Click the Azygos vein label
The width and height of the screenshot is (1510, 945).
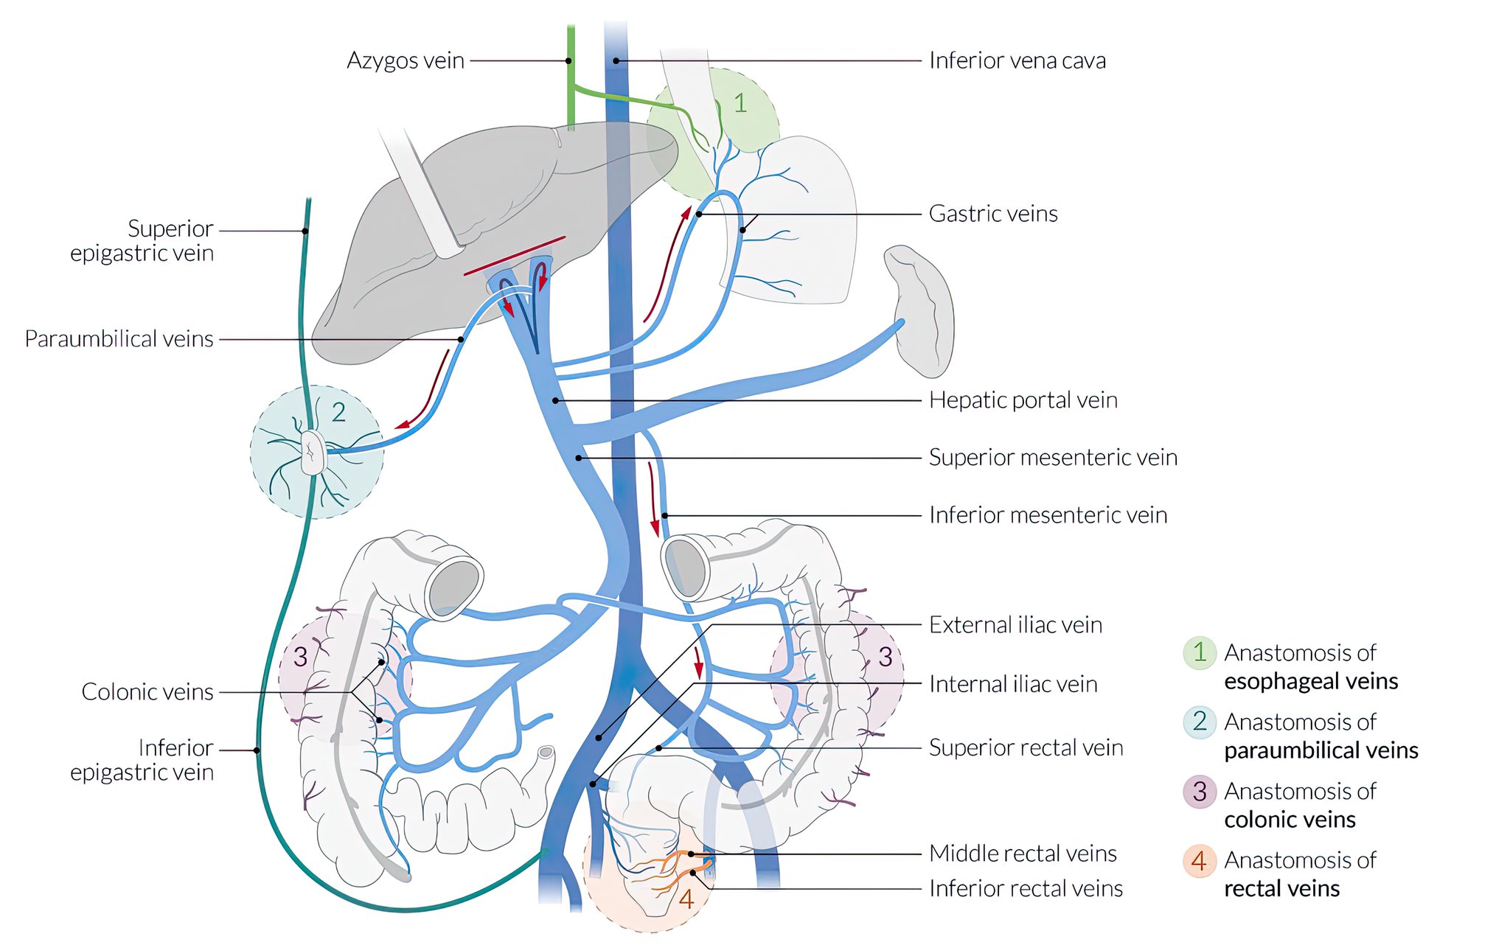405,60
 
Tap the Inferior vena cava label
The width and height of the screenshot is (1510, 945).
1017,60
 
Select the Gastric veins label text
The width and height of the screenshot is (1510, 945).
992,214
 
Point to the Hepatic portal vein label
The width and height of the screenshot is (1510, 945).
1023,400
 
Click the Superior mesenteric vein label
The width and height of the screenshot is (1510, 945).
1052,458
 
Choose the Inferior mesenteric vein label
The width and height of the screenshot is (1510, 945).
1047,515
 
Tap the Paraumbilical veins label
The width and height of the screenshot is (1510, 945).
119,339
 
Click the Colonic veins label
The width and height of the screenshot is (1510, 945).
147,692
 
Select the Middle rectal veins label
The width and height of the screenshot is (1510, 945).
1022,854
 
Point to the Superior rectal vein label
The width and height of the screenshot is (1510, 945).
1025,748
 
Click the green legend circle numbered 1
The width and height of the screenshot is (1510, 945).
1200,653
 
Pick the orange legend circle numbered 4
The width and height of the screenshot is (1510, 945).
1199,860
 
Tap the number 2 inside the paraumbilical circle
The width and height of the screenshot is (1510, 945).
338,413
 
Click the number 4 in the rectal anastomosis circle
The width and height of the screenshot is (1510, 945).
686,899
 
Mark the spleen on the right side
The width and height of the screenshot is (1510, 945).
922,310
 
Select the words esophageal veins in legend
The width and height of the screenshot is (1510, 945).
1310,682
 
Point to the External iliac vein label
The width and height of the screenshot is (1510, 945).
1015,625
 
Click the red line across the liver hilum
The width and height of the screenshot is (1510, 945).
514,256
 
